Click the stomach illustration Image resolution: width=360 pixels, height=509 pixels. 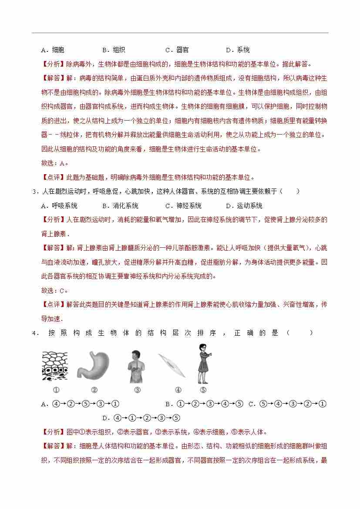point(93,366)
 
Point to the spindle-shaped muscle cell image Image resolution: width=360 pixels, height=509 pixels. point(172,365)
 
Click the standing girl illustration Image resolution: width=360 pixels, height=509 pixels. point(202,364)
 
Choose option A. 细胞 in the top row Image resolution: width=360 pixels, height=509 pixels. point(52,50)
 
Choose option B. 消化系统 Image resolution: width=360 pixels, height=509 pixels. point(120,206)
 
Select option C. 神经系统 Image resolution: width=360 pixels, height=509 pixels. point(183,206)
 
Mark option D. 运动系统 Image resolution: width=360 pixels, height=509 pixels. point(244,206)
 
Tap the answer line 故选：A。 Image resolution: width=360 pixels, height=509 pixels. point(55,163)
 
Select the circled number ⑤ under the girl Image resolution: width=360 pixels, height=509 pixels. point(203,390)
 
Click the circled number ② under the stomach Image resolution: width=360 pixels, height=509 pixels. point(94,390)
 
